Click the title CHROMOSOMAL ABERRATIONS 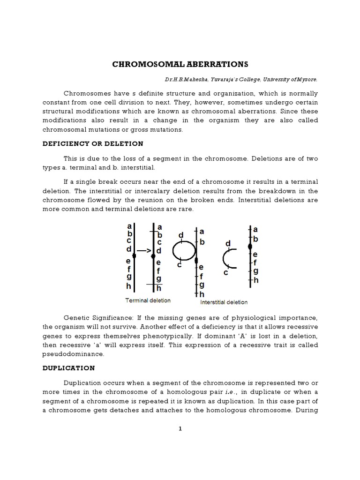[x=180, y=64]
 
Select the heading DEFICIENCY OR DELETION [x=93, y=143]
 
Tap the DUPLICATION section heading [x=69, y=368]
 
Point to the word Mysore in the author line [x=307, y=79]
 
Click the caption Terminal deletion [x=148, y=300]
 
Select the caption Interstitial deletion [x=224, y=302]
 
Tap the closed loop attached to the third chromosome [x=183, y=251]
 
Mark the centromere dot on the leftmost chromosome [x=134, y=256]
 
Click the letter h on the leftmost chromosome [x=128, y=286]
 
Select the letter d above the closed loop [x=181, y=234]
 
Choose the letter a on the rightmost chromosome [x=255, y=230]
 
